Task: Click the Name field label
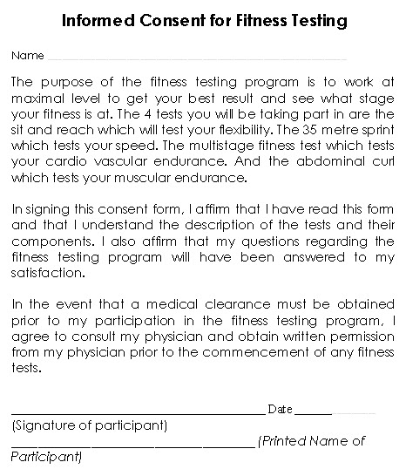[x=27, y=56]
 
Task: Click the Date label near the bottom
[x=280, y=408]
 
